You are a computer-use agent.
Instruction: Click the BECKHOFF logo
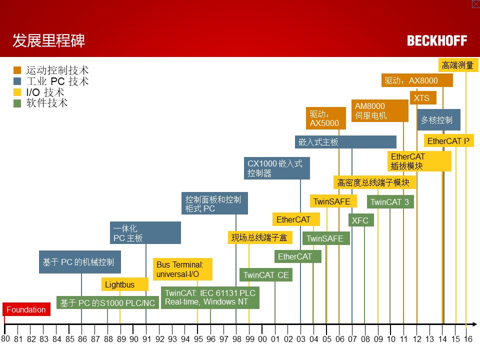click(x=437, y=40)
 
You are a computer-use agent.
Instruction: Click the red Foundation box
click(x=26, y=309)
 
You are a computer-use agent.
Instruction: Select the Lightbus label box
click(x=124, y=284)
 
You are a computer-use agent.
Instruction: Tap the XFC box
click(x=360, y=220)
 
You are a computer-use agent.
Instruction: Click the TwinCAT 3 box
click(x=390, y=202)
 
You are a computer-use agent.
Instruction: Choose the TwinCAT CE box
click(x=266, y=275)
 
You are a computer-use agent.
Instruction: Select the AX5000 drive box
click(x=325, y=118)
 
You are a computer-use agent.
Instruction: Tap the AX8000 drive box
click(x=417, y=80)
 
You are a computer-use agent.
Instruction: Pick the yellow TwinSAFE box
click(x=333, y=201)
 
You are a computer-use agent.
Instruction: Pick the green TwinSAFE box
click(x=325, y=238)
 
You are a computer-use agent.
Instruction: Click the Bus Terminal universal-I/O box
click(x=182, y=269)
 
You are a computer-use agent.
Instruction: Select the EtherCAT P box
click(x=448, y=141)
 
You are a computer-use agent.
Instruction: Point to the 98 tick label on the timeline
click(x=236, y=339)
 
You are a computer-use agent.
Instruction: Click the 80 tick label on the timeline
click(x=5, y=338)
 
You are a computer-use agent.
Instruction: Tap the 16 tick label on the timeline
click(x=467, y=339)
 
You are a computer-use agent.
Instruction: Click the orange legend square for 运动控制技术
click(x=17, y=70)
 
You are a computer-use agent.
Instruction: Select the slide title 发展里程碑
click(x=49, y=40)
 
